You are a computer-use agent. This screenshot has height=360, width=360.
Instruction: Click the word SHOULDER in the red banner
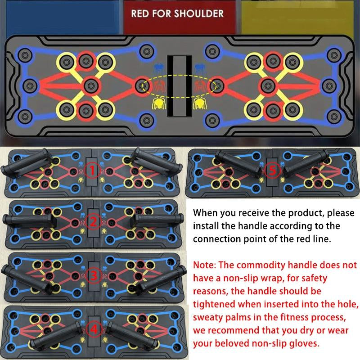(x=199, y=13)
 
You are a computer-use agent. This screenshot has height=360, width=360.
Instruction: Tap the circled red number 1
(x=92, y=171)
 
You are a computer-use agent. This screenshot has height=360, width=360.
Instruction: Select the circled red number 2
(x=94, y=222)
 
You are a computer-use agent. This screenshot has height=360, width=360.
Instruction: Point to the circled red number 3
(x=94, y=276)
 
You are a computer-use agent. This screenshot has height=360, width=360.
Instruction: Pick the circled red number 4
(x=94, y=330)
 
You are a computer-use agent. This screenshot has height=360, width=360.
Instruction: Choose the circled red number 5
(x=272, y=171)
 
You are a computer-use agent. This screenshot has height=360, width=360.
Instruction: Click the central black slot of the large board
(x=180, y=86)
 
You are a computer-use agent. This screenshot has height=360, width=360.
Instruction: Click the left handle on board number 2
(x=30, y=221)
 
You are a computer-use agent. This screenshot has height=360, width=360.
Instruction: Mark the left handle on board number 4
(x=56, y=336)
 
